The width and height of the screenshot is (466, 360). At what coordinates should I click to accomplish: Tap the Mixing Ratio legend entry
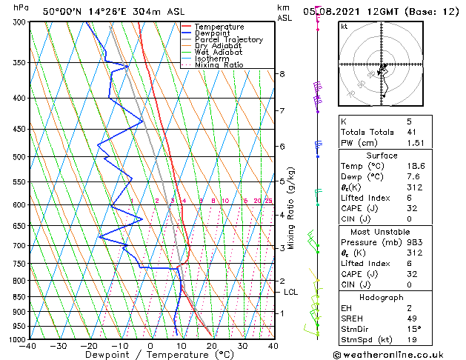pos(219,65)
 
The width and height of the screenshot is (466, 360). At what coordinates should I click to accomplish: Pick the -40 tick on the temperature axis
pos(28,345)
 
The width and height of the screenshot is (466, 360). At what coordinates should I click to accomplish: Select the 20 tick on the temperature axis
pos(212,345)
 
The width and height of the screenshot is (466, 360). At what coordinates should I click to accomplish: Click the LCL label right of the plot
pos(291,293)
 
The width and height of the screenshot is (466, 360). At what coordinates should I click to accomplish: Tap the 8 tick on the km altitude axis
pos(282,74)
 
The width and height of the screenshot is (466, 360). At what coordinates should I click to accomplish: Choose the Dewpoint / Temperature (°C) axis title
pos(150,355)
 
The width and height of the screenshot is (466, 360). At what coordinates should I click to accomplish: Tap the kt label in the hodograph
pos(344,27)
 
